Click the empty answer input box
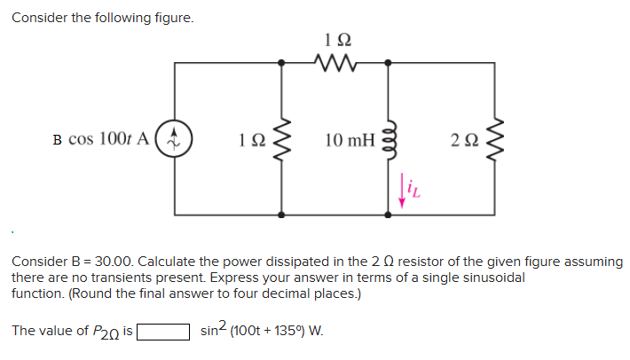(x=162, y=333)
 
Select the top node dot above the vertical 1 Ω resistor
(x=282, y=63)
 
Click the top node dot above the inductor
(x=388, y=63)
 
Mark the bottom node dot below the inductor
(x=388, y=215)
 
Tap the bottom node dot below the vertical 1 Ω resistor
(x=282, y=215)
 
